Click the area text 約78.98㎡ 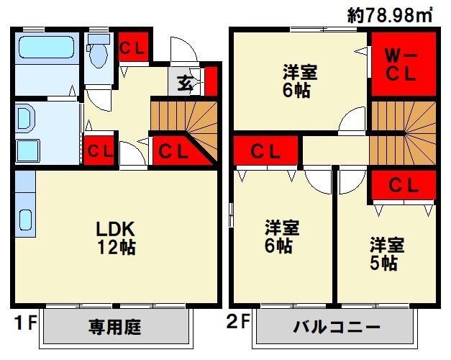pyautogui.click(x=388, y=14)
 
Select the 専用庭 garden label pyautogui.click(x=115, y=328)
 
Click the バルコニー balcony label pyautogui.click(x=336, y=328)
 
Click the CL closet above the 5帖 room pyautogui.click(x=404, y=185)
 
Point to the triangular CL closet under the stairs pyautogui.click(x=173, y=151)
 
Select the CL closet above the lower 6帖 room pyautogui.click(x=266, y=151)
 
